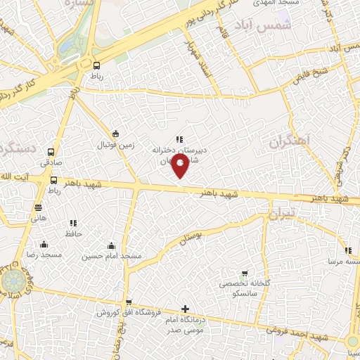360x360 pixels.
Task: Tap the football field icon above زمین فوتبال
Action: pos(115,134)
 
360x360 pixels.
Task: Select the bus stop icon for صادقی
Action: pos(50,152)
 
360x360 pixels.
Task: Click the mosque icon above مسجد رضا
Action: pos(44,244)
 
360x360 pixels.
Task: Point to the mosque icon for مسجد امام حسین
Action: pos(110,246)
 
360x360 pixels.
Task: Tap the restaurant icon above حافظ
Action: pos(74,223)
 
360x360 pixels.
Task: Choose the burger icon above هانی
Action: pos(38,207)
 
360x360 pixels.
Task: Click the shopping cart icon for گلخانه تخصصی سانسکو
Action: pos(244,274)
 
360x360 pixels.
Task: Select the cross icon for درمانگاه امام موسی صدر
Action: pos(185,309)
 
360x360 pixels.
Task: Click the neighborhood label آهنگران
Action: pos(288,141)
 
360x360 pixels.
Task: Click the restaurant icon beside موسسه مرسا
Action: pos(348,250)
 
